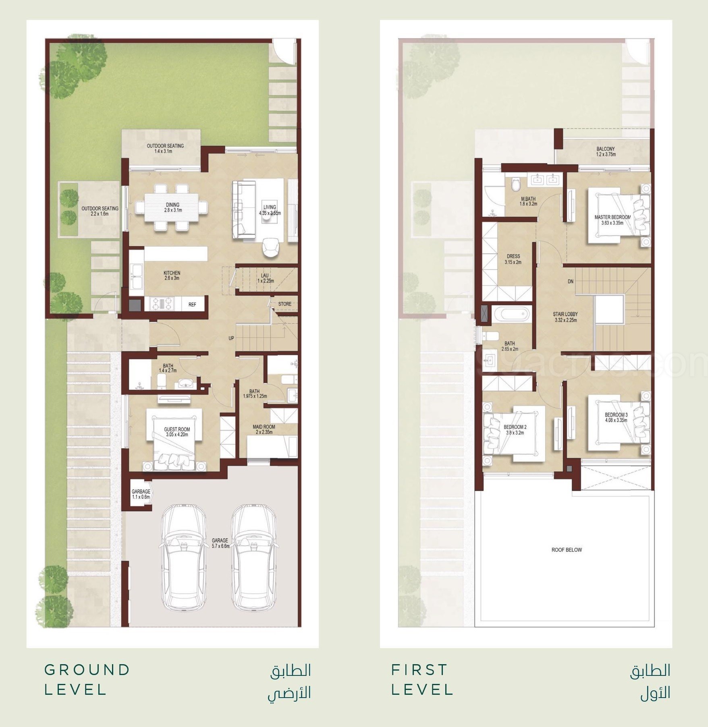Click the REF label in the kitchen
tap(192, 304)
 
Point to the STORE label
tap(284, 304)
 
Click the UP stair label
tap(231, 338)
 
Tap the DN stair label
tap(571, 282)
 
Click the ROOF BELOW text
tap(567, 550)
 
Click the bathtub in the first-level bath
tap(511, 313)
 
